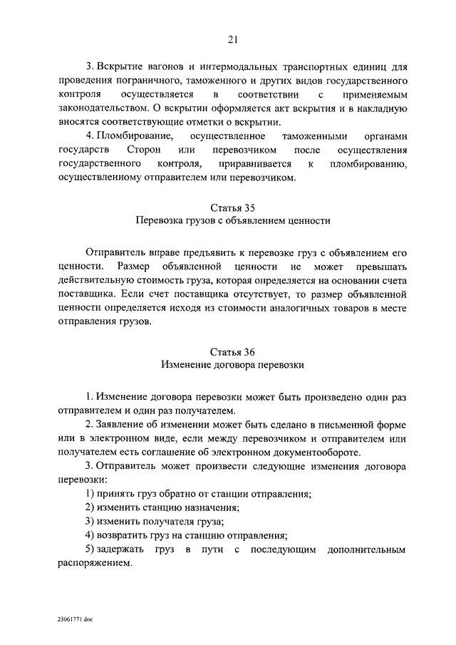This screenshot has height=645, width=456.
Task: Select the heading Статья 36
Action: (x=232, y=352)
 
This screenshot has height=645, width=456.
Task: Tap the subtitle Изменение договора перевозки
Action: (x=232, y=365)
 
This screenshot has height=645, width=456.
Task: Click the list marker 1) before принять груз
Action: (x=90, y=494)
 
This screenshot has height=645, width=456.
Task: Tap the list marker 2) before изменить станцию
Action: (x=90, y=507)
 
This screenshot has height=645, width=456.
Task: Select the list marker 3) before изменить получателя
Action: (x=90, y=522)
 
